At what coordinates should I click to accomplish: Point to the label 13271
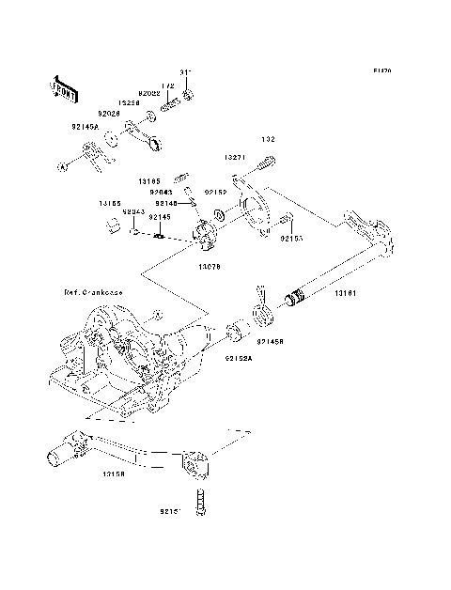point(235,158)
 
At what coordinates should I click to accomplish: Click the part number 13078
point(209,266)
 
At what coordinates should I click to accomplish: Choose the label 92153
point(290,239)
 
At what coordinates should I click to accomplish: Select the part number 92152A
point(237,357)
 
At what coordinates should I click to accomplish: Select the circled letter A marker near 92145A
point(64,166)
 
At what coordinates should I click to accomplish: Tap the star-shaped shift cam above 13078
point(206,235)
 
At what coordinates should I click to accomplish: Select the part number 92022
point(149,94)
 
